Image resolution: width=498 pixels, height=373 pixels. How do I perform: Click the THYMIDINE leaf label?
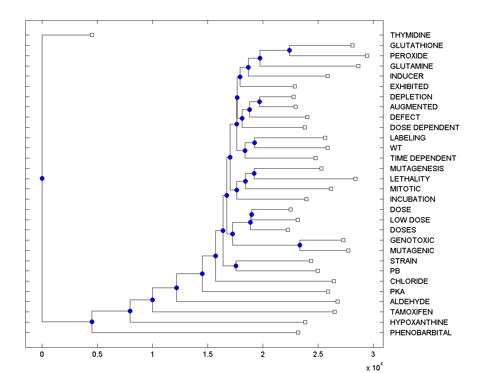pyautogui.click(x=410, y=35)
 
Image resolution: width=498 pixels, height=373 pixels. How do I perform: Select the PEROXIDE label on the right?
pyautogui.click(x=409, y=56)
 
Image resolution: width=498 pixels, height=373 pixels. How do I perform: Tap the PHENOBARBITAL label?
pyautogui.click(x=421, y=332)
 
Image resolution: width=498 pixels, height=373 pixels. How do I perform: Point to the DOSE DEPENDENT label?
pyautogui.click(x=425, y=127)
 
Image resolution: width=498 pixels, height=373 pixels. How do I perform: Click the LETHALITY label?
pyautogui.click(x=410, y=179)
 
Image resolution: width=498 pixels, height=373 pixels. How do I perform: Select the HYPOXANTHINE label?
pyautogui.click(x=419, y=322)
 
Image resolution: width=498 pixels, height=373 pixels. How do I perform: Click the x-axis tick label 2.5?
pyautogui.click(x=317, y=354)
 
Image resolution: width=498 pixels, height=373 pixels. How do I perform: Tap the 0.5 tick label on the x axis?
pyautogui.click(x=97, y=354)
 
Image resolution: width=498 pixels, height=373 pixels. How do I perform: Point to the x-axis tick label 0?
pyautogui.click(x=42, y=354)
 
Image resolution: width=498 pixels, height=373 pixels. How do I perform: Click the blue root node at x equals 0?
pyautogui.click(x=42, y=178)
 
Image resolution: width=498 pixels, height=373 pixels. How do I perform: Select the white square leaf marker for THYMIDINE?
pyautogui.click(x=92, y=35)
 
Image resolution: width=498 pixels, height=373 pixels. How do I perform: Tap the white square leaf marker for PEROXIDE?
pyautogui.click(x=367, y=56)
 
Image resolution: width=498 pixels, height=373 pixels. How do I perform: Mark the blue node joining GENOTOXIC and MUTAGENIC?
pyautogui.click(x=300, y=245)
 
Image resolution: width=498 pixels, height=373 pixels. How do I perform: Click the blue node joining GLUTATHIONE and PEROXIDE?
pyautogui.click(x=289, y=50)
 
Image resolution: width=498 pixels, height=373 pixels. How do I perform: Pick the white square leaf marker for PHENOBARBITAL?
pyautogui.click(x=298, y=332)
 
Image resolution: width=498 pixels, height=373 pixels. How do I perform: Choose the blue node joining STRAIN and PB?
pyautogui.click(x=236, y=266)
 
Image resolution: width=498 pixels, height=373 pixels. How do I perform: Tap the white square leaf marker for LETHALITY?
pyautogui.click(x=355, y=179)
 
